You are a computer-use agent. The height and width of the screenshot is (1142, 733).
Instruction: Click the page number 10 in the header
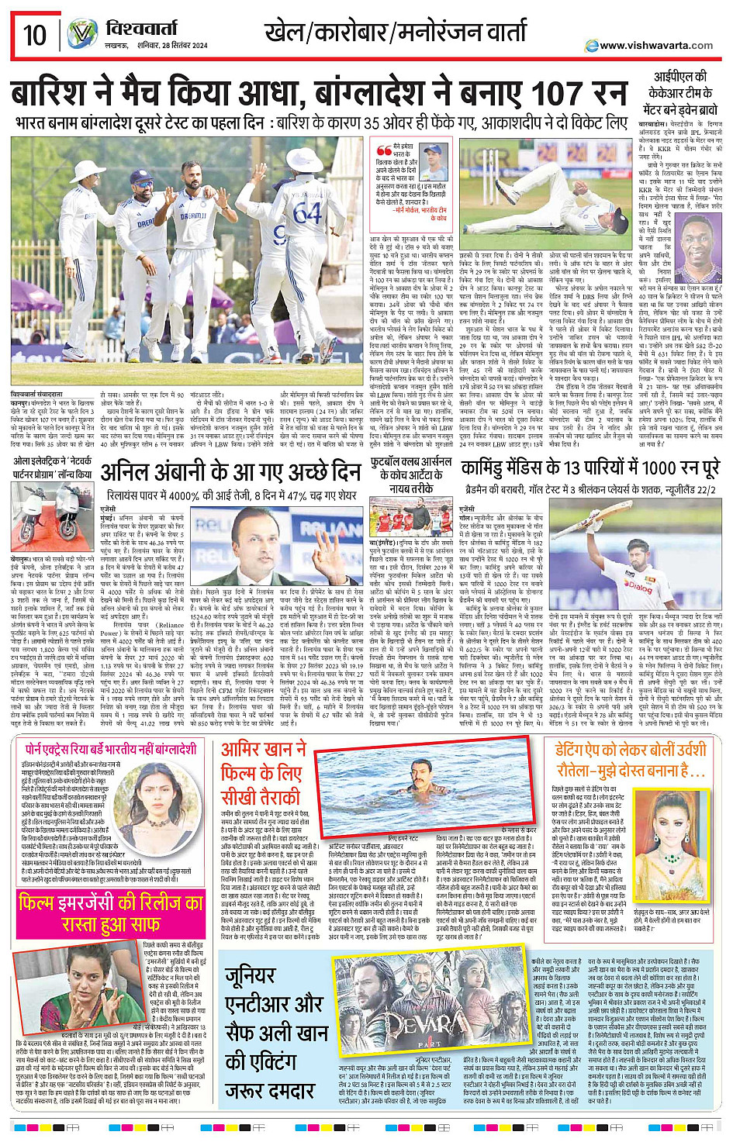[35, 35]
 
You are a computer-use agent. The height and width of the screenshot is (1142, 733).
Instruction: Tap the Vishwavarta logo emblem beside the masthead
[81, 35]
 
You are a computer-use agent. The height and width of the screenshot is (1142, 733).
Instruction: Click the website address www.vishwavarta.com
[656, 45]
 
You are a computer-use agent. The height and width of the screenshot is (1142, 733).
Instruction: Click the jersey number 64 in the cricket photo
[307, 212]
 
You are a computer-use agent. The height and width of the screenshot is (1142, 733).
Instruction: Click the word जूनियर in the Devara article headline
[251, 976]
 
